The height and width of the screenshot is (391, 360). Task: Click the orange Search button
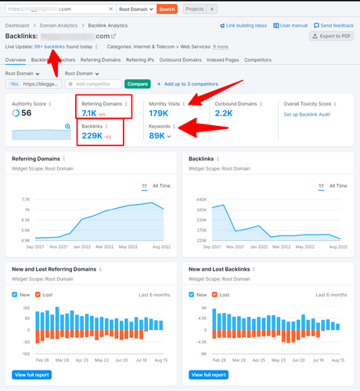(x=167, y=9)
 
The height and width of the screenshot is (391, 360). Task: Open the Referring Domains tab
(x=101, y=59)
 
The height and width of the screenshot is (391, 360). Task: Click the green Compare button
(x=138, y=84)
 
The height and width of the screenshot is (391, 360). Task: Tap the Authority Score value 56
(x=27, y=113)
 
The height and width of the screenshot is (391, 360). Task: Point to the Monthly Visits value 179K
(x=164, y=113)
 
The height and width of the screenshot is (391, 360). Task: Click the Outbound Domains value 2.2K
(x=224, y=113)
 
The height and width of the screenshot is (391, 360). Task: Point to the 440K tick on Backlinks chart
(x=200, y=199)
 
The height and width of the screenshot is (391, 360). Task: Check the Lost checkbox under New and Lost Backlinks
(x=214, y=294)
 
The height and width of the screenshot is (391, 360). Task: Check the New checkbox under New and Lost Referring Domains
(x=16, y=294)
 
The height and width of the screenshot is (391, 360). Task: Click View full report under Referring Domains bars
(x=31, y=375)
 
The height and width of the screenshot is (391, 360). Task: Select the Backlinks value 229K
(x=92, y=136)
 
